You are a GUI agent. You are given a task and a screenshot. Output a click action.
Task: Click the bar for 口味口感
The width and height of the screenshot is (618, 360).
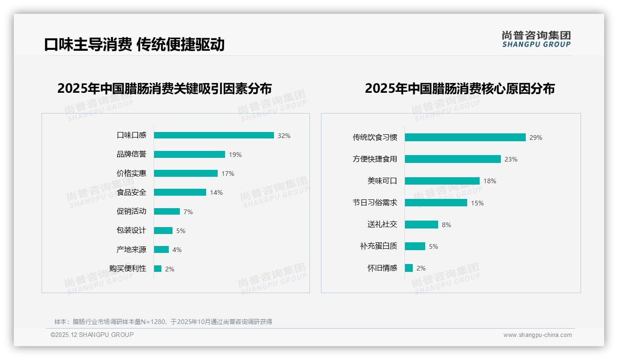tap(214, 135)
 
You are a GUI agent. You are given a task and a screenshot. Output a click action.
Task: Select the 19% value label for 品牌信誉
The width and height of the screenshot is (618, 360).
tap(235, 155)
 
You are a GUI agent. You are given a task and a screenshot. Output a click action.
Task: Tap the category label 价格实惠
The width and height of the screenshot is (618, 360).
tap(131, 174)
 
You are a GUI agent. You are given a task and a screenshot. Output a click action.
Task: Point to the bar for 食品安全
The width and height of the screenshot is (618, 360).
tap(180, 192)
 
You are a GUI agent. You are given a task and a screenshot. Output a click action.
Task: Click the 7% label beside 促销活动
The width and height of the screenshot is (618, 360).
tap(188, 212)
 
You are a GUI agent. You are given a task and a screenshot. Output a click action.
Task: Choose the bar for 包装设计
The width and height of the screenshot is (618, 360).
tap(163, 230)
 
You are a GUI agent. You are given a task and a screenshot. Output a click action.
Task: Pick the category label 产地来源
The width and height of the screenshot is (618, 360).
tap(131, 250)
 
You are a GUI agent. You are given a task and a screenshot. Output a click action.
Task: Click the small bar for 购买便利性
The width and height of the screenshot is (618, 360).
tap(158, 269)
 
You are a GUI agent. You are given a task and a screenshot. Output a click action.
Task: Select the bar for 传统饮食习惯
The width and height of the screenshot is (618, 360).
tap(465, 138)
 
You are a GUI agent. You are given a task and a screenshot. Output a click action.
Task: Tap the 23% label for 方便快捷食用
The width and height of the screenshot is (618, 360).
tap(511, 159)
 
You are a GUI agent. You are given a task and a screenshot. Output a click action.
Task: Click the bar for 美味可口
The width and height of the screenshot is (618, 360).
tap(442, 181)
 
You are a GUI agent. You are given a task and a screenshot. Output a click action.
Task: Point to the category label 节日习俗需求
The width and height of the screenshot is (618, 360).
tap(374, 203)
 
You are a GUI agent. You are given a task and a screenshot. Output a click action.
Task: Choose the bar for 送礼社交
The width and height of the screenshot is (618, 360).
tap(421, 225)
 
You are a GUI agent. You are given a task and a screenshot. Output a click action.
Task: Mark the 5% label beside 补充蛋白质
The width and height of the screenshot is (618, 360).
tap(434, 246)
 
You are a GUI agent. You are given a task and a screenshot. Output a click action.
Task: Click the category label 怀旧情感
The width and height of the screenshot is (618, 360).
tap(382, 268)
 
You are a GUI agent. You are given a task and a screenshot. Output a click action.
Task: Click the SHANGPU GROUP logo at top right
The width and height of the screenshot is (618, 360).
tap(536, 39)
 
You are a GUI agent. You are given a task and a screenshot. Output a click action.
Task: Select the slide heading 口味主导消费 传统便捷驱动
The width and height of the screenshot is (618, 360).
tap(134, 44)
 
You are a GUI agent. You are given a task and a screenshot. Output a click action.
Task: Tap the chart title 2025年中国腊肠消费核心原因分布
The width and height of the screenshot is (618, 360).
tap(459, 88)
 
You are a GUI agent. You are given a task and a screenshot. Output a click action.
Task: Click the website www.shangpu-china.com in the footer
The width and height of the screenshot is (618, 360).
tap(537, 335)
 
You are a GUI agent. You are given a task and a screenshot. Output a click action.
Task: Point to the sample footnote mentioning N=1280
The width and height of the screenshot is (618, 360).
tap(163, 322)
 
